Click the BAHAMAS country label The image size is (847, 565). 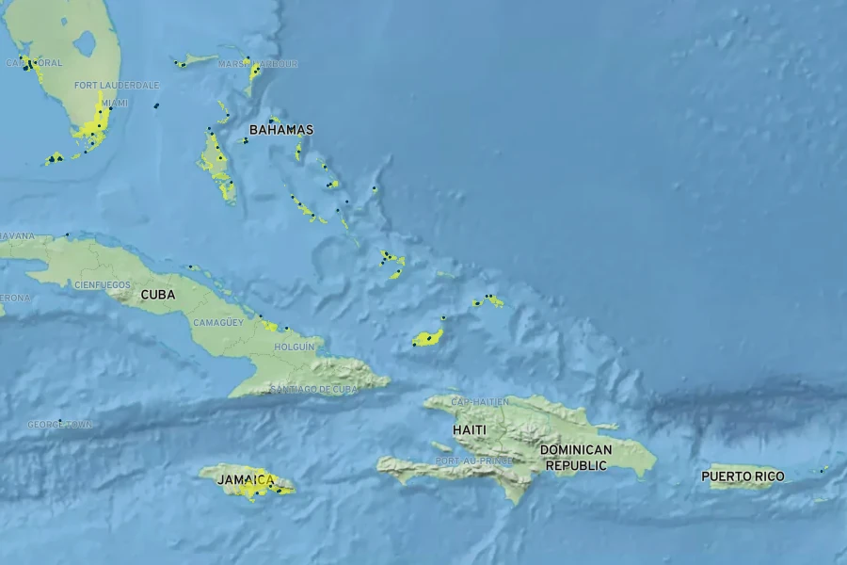click(x=280, y=130)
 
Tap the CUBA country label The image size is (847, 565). click(x=157, y=295)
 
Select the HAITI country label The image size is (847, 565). click(x=470, y=430)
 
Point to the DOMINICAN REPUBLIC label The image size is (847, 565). click(x=576, y=458)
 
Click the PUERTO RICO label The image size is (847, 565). click(x=743, y=476)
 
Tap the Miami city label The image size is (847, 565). click(x=114, y=103)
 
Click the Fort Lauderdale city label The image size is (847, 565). click(x=117, y=85)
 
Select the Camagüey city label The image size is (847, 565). click(x=217, y=322)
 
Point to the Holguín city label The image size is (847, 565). click(x=294, y=347)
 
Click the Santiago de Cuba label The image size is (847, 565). click(x=313, y=389)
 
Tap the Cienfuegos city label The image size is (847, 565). click(x=102, y=283)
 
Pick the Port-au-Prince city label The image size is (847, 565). click(x=473, y=460)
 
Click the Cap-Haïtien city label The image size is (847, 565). click(x=480, y=402)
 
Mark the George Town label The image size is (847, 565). click(x=58, y=425)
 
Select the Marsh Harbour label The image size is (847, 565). click(x=257, y=64)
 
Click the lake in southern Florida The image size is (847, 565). click(x=85, y=42)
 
